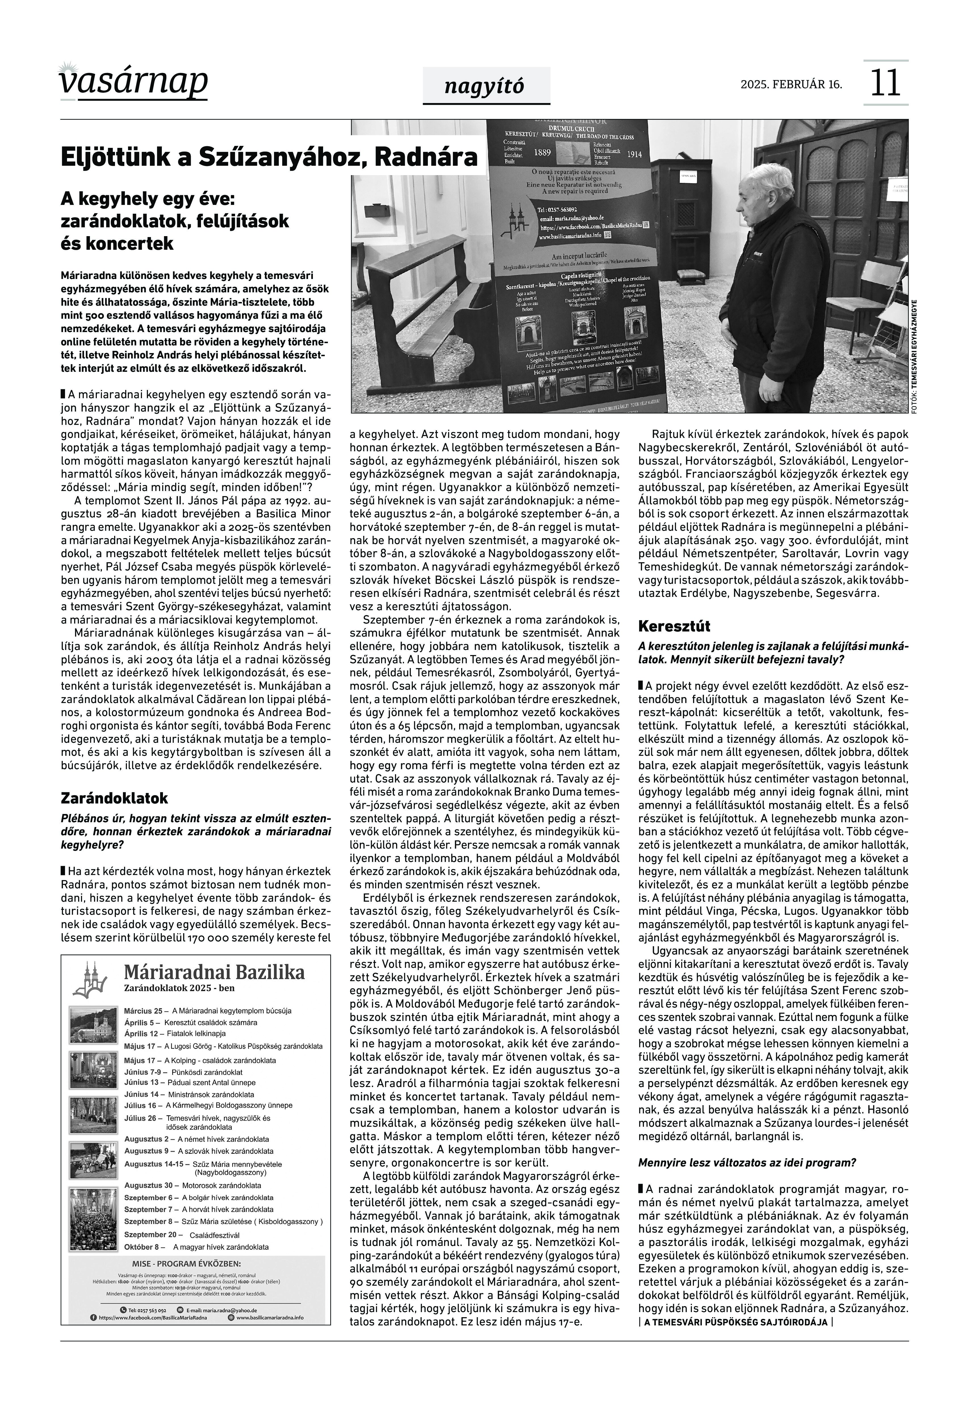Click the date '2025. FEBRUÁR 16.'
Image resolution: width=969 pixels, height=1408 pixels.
pyautogui.click(x=791, y=84)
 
